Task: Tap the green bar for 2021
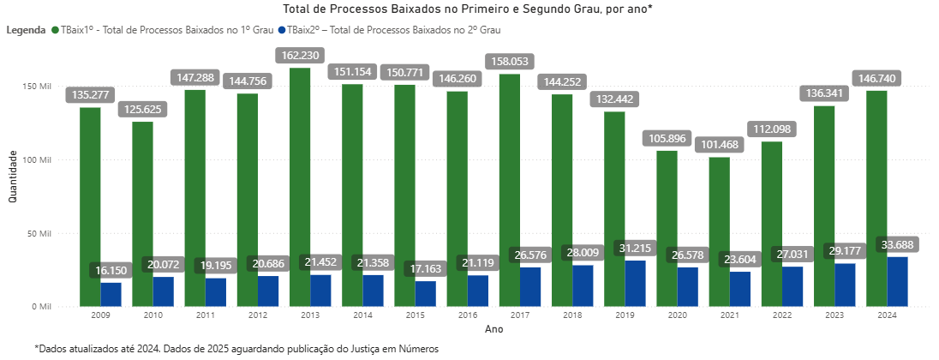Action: [x=720, y=231]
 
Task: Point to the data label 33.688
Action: [x=896, y=244]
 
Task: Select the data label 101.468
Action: [x=720, y=144]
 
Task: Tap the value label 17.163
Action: [x=426, y=268]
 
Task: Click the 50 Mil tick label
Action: [x=39, y=233]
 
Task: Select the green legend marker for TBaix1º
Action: [x=55, y=30]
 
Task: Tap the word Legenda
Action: [x=26, y=30]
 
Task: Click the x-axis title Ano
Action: [x=493, y=328]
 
